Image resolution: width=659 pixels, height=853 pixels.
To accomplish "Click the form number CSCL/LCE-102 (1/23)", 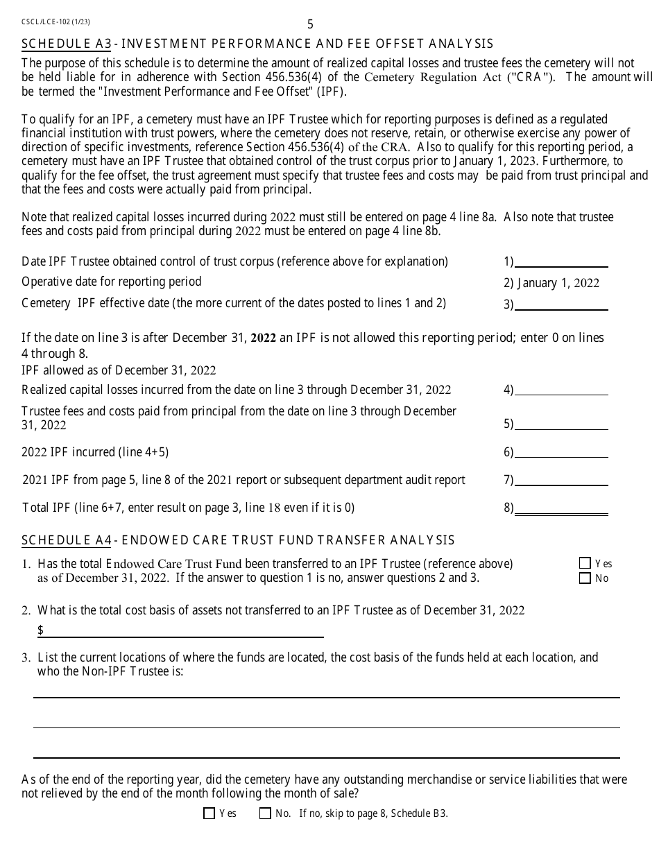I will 55,22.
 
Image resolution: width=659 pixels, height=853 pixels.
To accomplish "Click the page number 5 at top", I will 310,24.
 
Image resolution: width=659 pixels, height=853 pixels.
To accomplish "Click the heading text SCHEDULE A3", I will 67,44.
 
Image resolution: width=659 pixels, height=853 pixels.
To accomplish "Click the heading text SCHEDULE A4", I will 67,540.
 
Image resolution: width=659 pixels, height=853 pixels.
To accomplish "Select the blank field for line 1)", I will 561,261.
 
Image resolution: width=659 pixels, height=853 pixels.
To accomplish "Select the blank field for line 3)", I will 561,304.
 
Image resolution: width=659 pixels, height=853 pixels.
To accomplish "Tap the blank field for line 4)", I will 561,390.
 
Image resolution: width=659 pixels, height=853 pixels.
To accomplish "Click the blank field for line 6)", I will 561,452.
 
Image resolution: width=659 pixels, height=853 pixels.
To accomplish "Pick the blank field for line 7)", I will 561,480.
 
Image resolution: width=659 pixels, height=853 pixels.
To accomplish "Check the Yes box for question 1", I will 585,564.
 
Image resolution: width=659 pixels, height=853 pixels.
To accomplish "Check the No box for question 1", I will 585,578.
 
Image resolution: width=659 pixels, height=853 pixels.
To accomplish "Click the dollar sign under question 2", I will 41,630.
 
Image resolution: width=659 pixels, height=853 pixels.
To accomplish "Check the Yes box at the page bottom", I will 209,814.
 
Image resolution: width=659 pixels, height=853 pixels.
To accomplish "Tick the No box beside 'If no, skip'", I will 265,814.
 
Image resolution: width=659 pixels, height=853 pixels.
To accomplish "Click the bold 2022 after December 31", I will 264,338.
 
